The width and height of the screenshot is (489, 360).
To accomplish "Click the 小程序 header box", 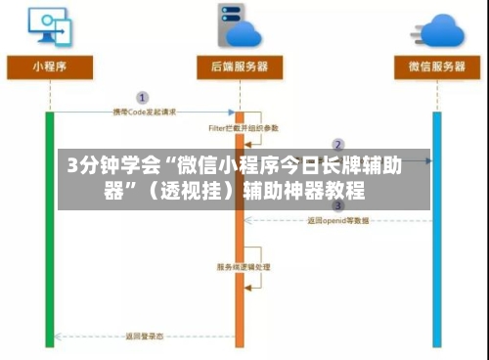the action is coord(49,68).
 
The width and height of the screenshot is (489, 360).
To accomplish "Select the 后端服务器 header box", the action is coord(239,68).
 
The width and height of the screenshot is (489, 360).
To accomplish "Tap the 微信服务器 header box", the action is coord(435,68).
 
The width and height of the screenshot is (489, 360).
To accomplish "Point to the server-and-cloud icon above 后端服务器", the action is coord(240,24).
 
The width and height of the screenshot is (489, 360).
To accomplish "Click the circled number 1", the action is coord(143,98).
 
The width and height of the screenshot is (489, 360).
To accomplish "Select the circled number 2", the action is coord(338,145).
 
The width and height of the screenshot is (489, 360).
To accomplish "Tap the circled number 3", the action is coord(338,206).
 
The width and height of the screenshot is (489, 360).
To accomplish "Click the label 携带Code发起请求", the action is coord(143,112).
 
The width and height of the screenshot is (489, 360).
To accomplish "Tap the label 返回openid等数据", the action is coord(338,221).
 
